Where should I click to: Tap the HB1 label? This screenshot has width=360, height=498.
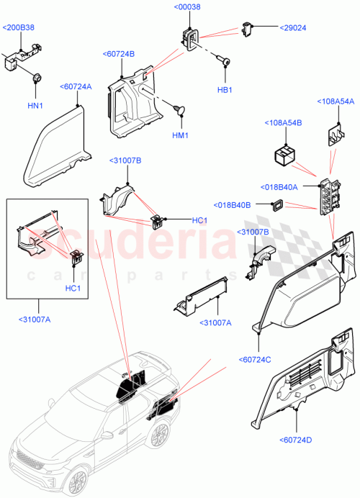pyautogui.click(x=225, y=90)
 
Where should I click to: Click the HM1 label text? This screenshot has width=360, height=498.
pyautogui.click(x=180, y=135)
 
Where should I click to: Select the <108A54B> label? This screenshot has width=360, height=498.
pyautogui.click(x=284, y=123)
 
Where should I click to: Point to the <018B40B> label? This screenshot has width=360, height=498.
pyautogui.click(x=232, y=205)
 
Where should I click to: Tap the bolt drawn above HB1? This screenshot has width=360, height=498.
pyautogui.click(x=224, y=64)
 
